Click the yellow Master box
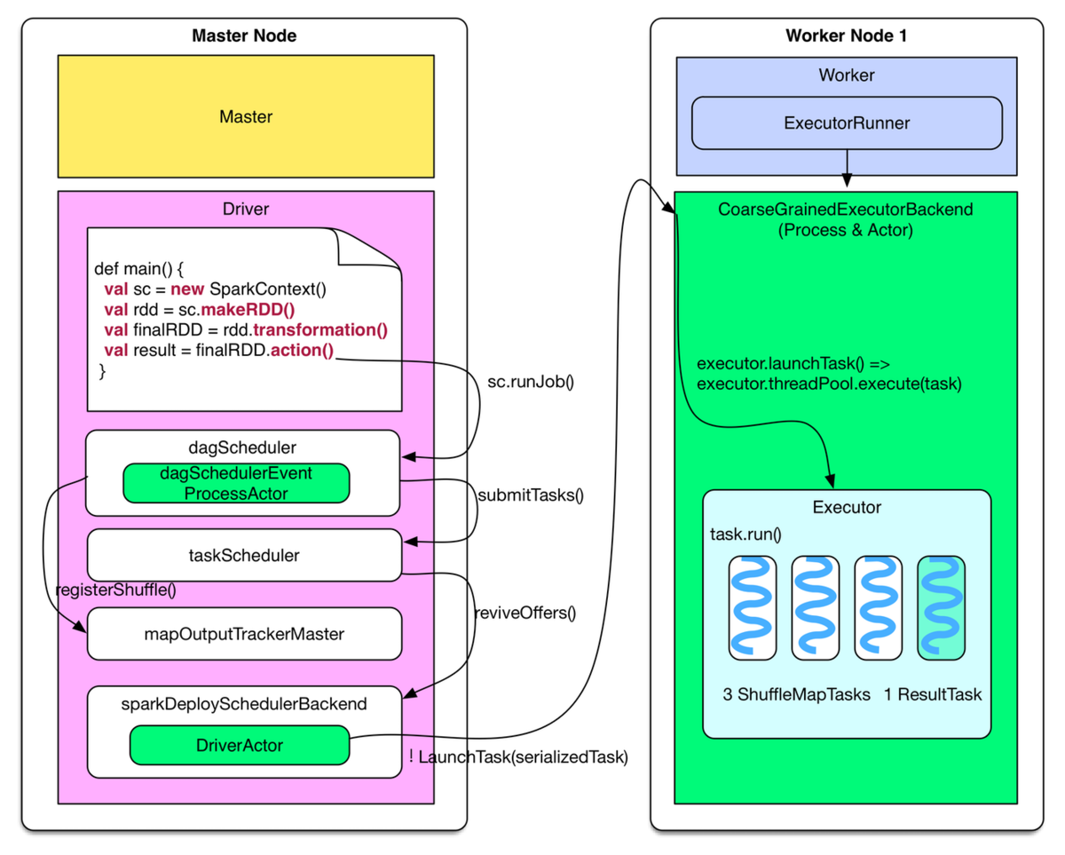(246, 116)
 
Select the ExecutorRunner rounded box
(847, 123)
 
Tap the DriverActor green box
(240, 745)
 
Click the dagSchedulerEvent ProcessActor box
(236, 483)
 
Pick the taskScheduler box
(244, 556)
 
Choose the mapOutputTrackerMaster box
(244, 634)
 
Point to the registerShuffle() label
(115, 590)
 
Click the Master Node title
(244, 36)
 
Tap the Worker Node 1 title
(846, 36)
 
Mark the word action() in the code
(302, 350)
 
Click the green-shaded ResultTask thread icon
(941, 608)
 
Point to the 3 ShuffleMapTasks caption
(796, 694)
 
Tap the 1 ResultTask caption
(933, 694)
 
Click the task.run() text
(745, 534)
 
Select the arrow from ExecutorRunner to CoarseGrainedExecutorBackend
(847, 170)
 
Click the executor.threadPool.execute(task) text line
(829, 384)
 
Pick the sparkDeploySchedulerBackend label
(244, 704)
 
